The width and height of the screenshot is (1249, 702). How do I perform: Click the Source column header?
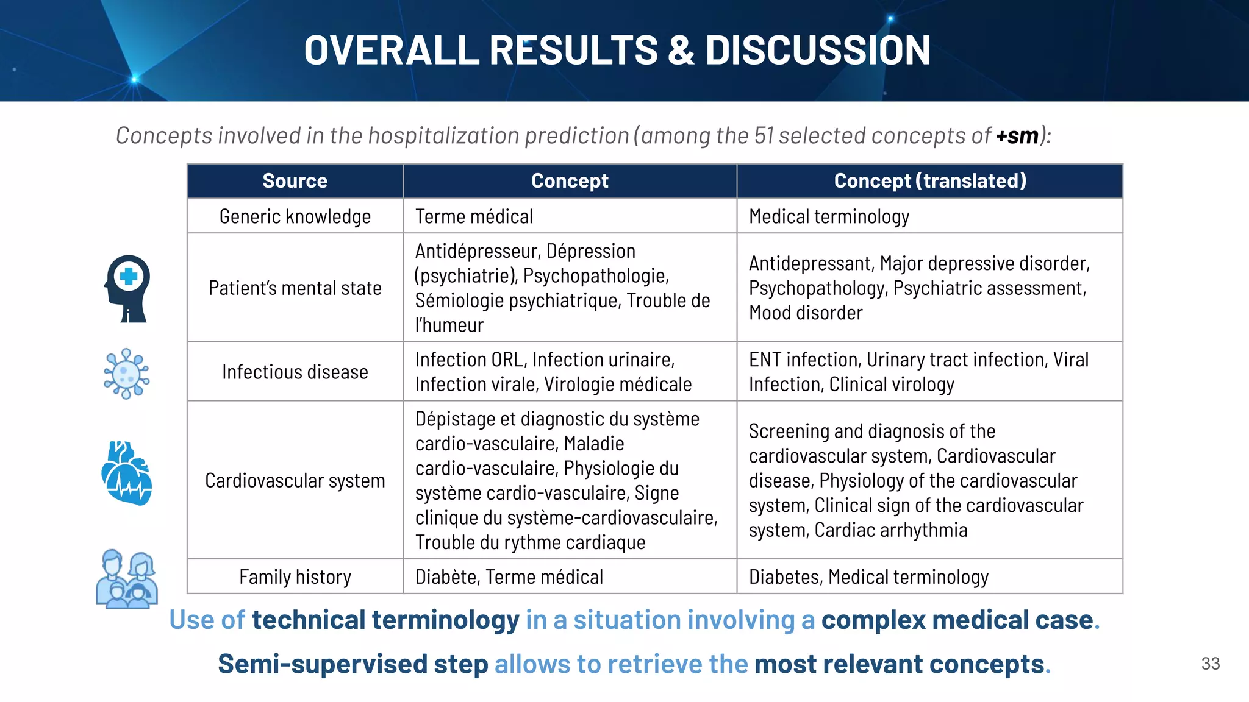tap(295, 181)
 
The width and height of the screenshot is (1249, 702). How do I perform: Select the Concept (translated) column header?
tap(929, 181)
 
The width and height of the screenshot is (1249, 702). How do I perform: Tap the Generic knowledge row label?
tap(295, 216)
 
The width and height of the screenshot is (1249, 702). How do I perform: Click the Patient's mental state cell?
tap(295, 288)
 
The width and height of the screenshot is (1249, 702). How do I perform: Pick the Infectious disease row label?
tap(295, 372)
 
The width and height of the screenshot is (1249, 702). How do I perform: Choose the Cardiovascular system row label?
tap(295, 480)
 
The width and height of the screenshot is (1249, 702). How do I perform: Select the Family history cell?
tap(295, 576)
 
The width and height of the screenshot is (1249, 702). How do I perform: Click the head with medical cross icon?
tap(127, 288)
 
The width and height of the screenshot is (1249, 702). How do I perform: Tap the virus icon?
tap(126, 374)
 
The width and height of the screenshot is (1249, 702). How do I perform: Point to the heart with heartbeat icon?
tap(126, 473)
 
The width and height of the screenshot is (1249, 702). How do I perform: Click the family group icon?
tap(127, 579)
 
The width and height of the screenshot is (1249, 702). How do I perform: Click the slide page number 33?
tap(1210, 664)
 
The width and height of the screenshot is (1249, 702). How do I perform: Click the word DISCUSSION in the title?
tap(817, 50)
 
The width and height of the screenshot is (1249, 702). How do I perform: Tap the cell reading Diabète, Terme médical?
tap(509, 576)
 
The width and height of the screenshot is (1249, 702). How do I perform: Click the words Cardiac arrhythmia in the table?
tap(890, 530)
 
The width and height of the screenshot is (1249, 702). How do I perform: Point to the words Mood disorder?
tap(805, 313)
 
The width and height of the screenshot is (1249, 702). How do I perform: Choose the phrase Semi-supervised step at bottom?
tap(353, 664)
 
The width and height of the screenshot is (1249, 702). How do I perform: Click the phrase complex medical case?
tap(957, 620)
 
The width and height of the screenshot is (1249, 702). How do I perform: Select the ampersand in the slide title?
tap(681, 50)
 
